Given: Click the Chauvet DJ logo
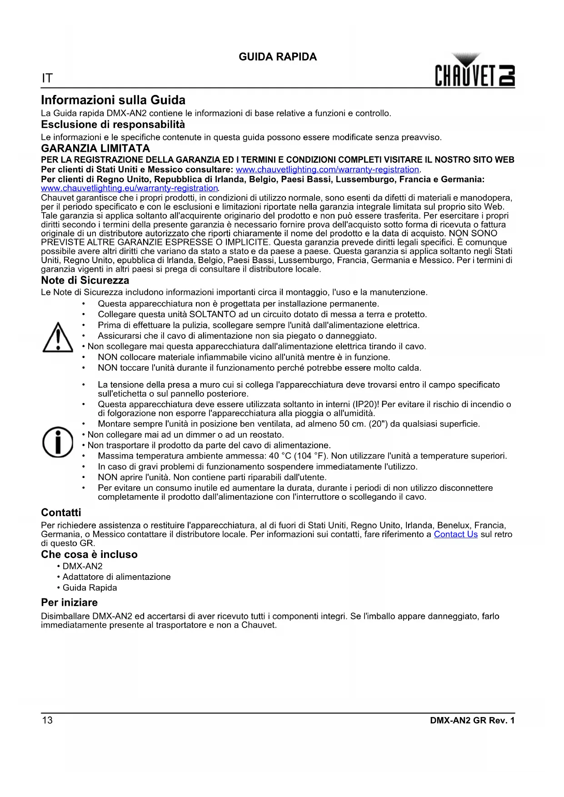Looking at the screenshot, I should (474, 71).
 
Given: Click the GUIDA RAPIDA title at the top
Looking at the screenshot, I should (278, 57).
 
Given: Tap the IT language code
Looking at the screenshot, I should (47, 78).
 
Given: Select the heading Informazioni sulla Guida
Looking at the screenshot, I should (113, 100).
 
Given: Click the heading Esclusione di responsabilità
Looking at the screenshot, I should (113, 125).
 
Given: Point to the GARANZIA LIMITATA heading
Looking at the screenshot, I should (95, 148).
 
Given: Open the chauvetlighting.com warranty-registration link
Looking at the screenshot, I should (327, 169).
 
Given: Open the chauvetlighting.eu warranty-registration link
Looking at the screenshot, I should (130, 188).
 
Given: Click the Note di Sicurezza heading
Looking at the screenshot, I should (85, 280).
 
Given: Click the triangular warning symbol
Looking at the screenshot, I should (57, 338).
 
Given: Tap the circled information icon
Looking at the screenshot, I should (57, 442).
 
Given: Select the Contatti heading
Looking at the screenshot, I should (61, 513).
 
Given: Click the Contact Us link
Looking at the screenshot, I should (455, 534).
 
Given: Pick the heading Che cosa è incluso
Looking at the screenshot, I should (89, 554).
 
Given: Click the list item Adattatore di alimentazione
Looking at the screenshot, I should (116, 577).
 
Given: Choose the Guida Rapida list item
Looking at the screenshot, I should (90, 588).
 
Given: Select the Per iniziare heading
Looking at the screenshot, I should (69, 603).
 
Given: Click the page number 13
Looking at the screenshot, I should (47, 720).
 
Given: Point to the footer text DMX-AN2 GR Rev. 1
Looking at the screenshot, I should (472, 720).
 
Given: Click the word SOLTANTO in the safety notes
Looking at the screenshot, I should (212, 314).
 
